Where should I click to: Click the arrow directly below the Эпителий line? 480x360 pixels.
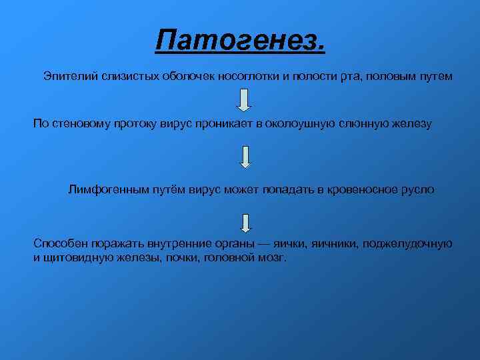[245, 99]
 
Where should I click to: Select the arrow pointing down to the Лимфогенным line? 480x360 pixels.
[245, 156]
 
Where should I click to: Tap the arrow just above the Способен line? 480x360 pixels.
[245, 223]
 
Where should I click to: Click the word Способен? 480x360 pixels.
[58, 245]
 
